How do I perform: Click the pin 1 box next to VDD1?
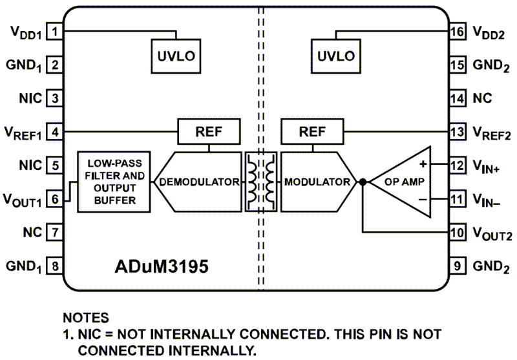[x=56, y=31]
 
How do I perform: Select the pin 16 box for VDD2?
[x=458, y=31]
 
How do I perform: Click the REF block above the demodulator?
[x=209, y=132]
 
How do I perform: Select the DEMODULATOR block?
[x=199, y=182]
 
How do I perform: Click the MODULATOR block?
[x=317, y=182]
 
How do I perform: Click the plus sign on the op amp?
[x=423, y=165]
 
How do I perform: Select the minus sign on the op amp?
[x=423, y=199]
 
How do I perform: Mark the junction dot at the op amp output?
[x=363, y=182]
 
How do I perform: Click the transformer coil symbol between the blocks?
[x=260, y=182]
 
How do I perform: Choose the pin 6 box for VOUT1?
[x=56, y=198]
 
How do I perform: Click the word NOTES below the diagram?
[x=86, y=319]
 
